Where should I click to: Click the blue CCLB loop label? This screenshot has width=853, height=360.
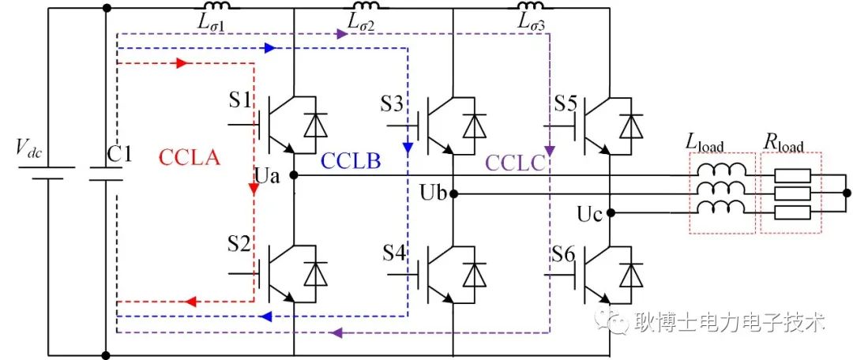[351, 161]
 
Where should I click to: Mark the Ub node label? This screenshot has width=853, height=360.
[433, 193]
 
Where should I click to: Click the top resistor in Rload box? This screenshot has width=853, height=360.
[792, 175]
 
